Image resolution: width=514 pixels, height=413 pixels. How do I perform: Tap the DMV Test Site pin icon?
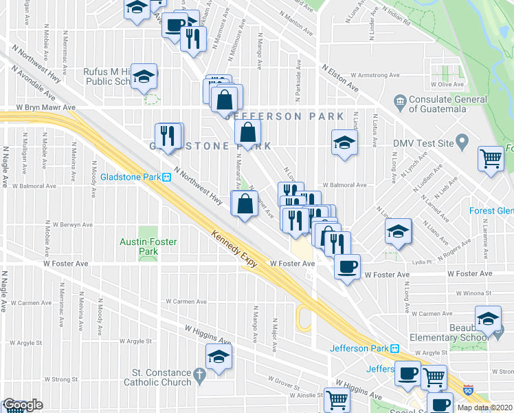click(x=462, y=143)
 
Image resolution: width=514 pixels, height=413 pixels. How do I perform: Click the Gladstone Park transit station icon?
click(x=166, y=177)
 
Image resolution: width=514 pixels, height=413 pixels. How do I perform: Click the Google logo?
click(x=22, y=405)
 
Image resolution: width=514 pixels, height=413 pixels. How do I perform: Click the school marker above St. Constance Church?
click(x=219, y=357)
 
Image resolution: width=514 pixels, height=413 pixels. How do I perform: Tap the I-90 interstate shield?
click(x=469, y=390)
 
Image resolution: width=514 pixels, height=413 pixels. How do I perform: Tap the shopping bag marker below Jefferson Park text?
click(x=248, y=131)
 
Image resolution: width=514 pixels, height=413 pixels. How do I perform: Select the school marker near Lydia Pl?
click(x=398, y=233)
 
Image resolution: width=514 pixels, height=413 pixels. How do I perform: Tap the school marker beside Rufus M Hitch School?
click(x=144, y=76)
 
